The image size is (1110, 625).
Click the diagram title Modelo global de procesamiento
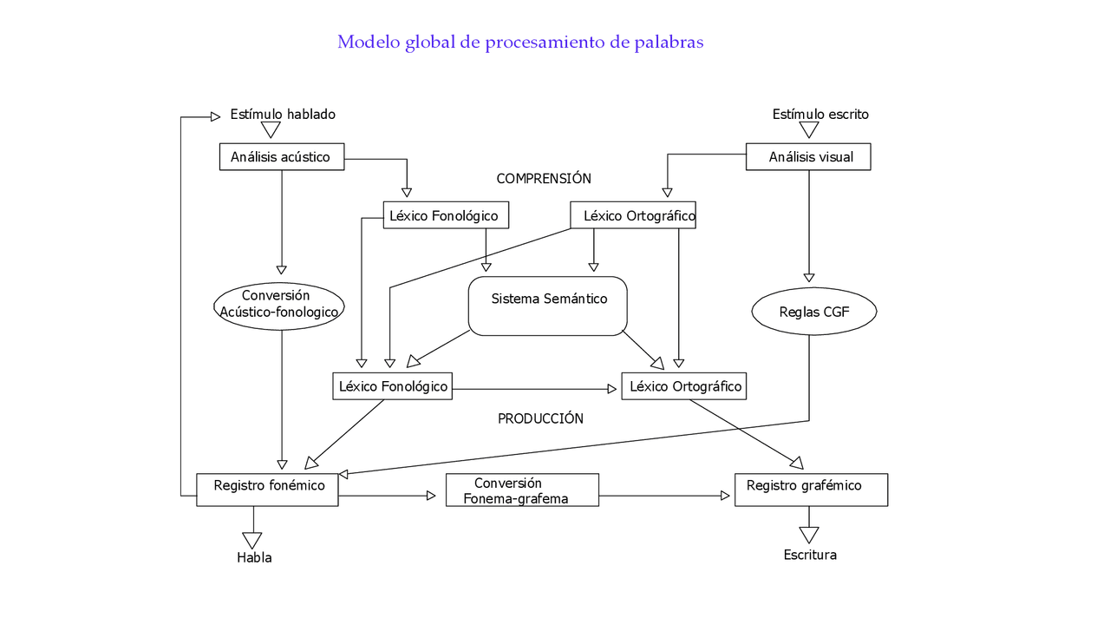point(520,42)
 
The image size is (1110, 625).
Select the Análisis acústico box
point(281,157)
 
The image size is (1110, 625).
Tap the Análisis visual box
point(808,157)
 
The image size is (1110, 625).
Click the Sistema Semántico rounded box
point(547,306)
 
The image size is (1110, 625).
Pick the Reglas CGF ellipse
point(813,312)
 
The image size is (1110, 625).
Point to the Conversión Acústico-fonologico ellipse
point(279,305)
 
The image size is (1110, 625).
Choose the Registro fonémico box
point(267,490)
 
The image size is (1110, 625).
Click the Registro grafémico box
point(811,490)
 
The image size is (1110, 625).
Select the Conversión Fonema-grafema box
point(522,490)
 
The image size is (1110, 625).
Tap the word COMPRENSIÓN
point(544,179)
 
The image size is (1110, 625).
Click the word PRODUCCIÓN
point(540,418)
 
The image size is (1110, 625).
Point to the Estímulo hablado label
point(283,115)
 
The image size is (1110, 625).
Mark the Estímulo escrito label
point(820,115)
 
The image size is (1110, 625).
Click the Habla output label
point(254,557)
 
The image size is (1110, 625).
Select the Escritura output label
point(810,555)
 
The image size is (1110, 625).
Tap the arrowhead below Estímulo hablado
point(271,129)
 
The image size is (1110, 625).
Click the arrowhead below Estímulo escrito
point(809,129)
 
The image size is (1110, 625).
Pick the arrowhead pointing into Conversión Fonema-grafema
point(430,496)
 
